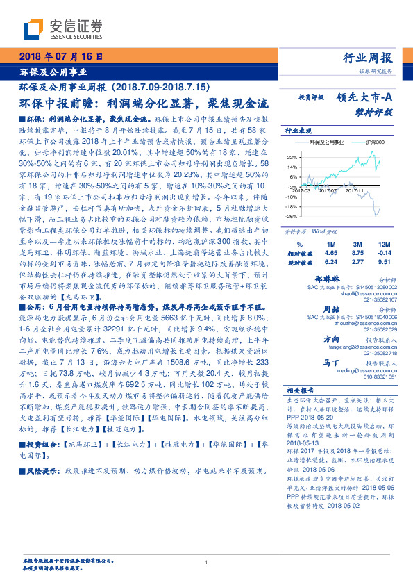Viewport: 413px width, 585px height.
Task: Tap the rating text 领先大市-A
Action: (x=365, y=98)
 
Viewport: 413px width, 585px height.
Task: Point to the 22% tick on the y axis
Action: (x=292, y=158)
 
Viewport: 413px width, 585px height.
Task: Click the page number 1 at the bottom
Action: (x=206, y=561)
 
